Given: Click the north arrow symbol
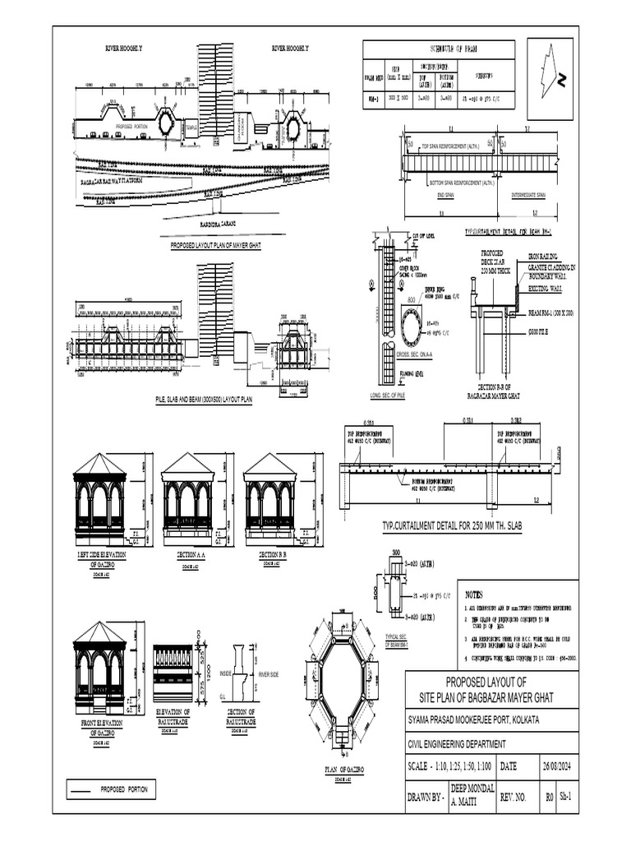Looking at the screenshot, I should tap(552, 72).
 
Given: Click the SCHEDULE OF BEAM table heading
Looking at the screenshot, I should tap(439, 49).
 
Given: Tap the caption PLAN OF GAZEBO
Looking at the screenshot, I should tap(339, 770).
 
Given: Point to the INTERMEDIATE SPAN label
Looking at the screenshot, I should tap(532, 195).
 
